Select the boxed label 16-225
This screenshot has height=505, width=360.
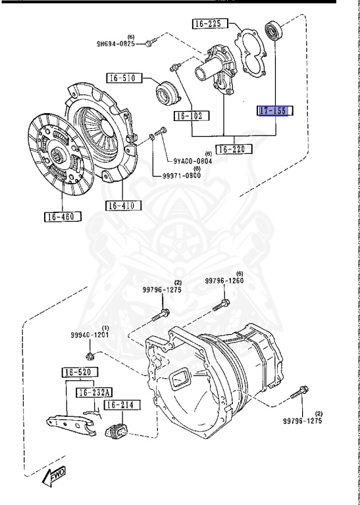tap(210, 24)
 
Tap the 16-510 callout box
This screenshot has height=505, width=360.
tap(124, 78)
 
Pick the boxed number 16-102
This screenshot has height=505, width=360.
tap(192, 116)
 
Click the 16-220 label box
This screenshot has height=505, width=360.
tap(234, 149)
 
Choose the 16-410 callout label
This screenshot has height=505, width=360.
tap(124, 205)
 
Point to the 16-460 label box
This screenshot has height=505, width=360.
tap(63, 217)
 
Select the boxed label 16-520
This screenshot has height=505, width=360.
tap(80, 373)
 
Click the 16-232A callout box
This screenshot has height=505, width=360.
tap(94, 393)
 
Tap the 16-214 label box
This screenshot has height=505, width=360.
tap(122, 405)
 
